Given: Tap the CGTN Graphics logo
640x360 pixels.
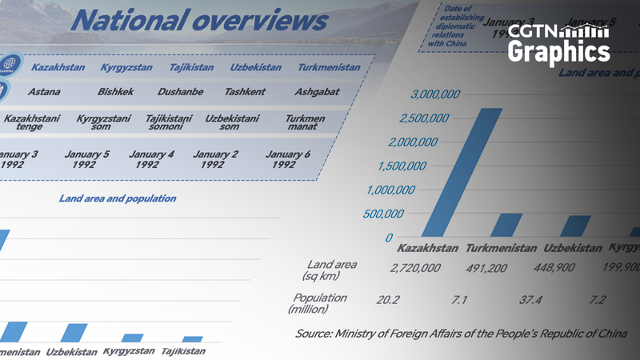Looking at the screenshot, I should point(558,43).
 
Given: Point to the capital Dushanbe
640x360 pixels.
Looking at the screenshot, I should point(180,92).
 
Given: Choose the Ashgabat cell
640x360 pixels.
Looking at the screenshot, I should point(317,92).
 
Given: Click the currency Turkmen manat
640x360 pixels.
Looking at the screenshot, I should point(305,122).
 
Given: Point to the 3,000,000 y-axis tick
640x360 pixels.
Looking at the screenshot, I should point(435,94).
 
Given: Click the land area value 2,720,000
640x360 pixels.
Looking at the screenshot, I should point(415,267).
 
